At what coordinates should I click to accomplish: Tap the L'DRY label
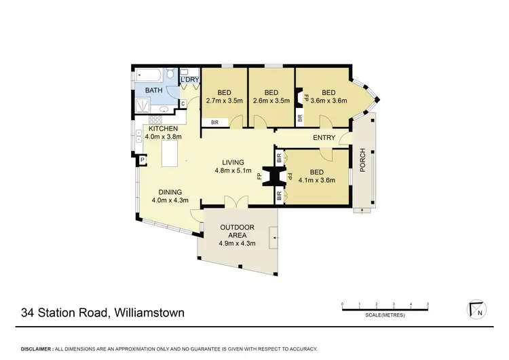point(189,79)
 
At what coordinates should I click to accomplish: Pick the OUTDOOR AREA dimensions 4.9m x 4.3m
point(237,244)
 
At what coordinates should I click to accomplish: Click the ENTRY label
point(324,139)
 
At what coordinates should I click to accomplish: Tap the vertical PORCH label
point(363,160)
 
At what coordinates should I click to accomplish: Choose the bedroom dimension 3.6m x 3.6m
point(329,101)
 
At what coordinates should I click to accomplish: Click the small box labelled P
point(143,161)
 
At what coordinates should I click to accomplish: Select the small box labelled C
point(182,103)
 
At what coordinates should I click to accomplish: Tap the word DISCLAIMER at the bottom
point(37,348)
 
